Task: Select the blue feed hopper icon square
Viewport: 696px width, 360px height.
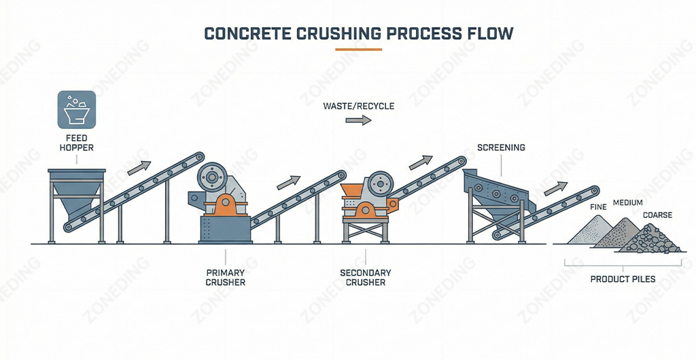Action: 76,109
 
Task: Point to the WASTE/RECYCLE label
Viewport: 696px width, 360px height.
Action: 359,107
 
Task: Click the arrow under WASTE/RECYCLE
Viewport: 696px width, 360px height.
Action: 359,120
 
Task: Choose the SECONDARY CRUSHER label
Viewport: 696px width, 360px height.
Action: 366,278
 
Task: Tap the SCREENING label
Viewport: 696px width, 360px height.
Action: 501,147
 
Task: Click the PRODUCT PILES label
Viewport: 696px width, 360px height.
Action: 623,279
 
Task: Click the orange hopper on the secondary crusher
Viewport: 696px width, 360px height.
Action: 352,191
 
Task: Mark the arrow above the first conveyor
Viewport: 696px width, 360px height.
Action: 139,166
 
